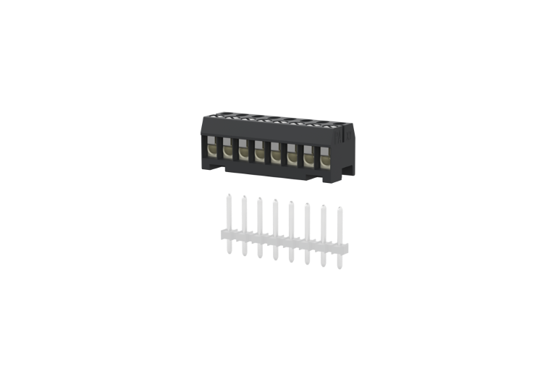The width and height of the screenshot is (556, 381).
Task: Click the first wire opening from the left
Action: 212,150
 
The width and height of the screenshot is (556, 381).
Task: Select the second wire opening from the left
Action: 228,151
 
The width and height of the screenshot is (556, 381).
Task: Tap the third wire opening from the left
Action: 244,152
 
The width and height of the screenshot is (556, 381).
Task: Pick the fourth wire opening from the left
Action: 260,153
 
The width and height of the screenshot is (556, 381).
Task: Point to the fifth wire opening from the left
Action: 276,153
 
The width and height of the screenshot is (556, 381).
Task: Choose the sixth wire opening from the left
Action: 292,154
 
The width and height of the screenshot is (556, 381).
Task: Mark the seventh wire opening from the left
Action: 308,155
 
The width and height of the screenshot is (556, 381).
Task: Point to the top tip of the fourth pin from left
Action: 275,200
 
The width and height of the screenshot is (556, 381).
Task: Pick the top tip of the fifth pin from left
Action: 291,202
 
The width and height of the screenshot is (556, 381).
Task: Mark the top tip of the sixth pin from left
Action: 307,205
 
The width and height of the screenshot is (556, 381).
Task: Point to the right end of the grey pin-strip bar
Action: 346,250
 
